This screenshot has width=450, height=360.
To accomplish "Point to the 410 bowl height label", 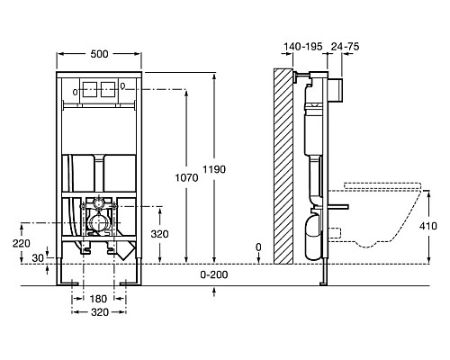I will click(432, 228).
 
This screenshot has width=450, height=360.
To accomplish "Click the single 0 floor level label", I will click(258, 246).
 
